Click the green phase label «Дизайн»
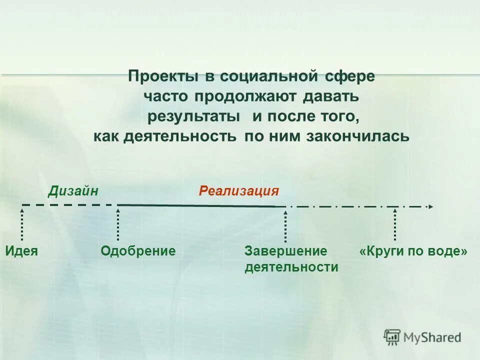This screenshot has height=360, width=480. pos(73,191)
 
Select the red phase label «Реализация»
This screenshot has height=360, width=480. pos(238,191)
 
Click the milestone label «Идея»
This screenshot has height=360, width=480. pos(22,251)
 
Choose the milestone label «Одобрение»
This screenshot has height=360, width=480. pos(138,251)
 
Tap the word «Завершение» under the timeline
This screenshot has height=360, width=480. pos(285,251)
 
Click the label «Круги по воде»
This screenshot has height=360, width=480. pos(413,251)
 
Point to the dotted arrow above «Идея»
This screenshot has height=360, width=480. pos(22,224)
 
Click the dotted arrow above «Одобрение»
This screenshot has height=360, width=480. pos(118,224)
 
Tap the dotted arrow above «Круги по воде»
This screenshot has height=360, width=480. pos(395,224)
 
